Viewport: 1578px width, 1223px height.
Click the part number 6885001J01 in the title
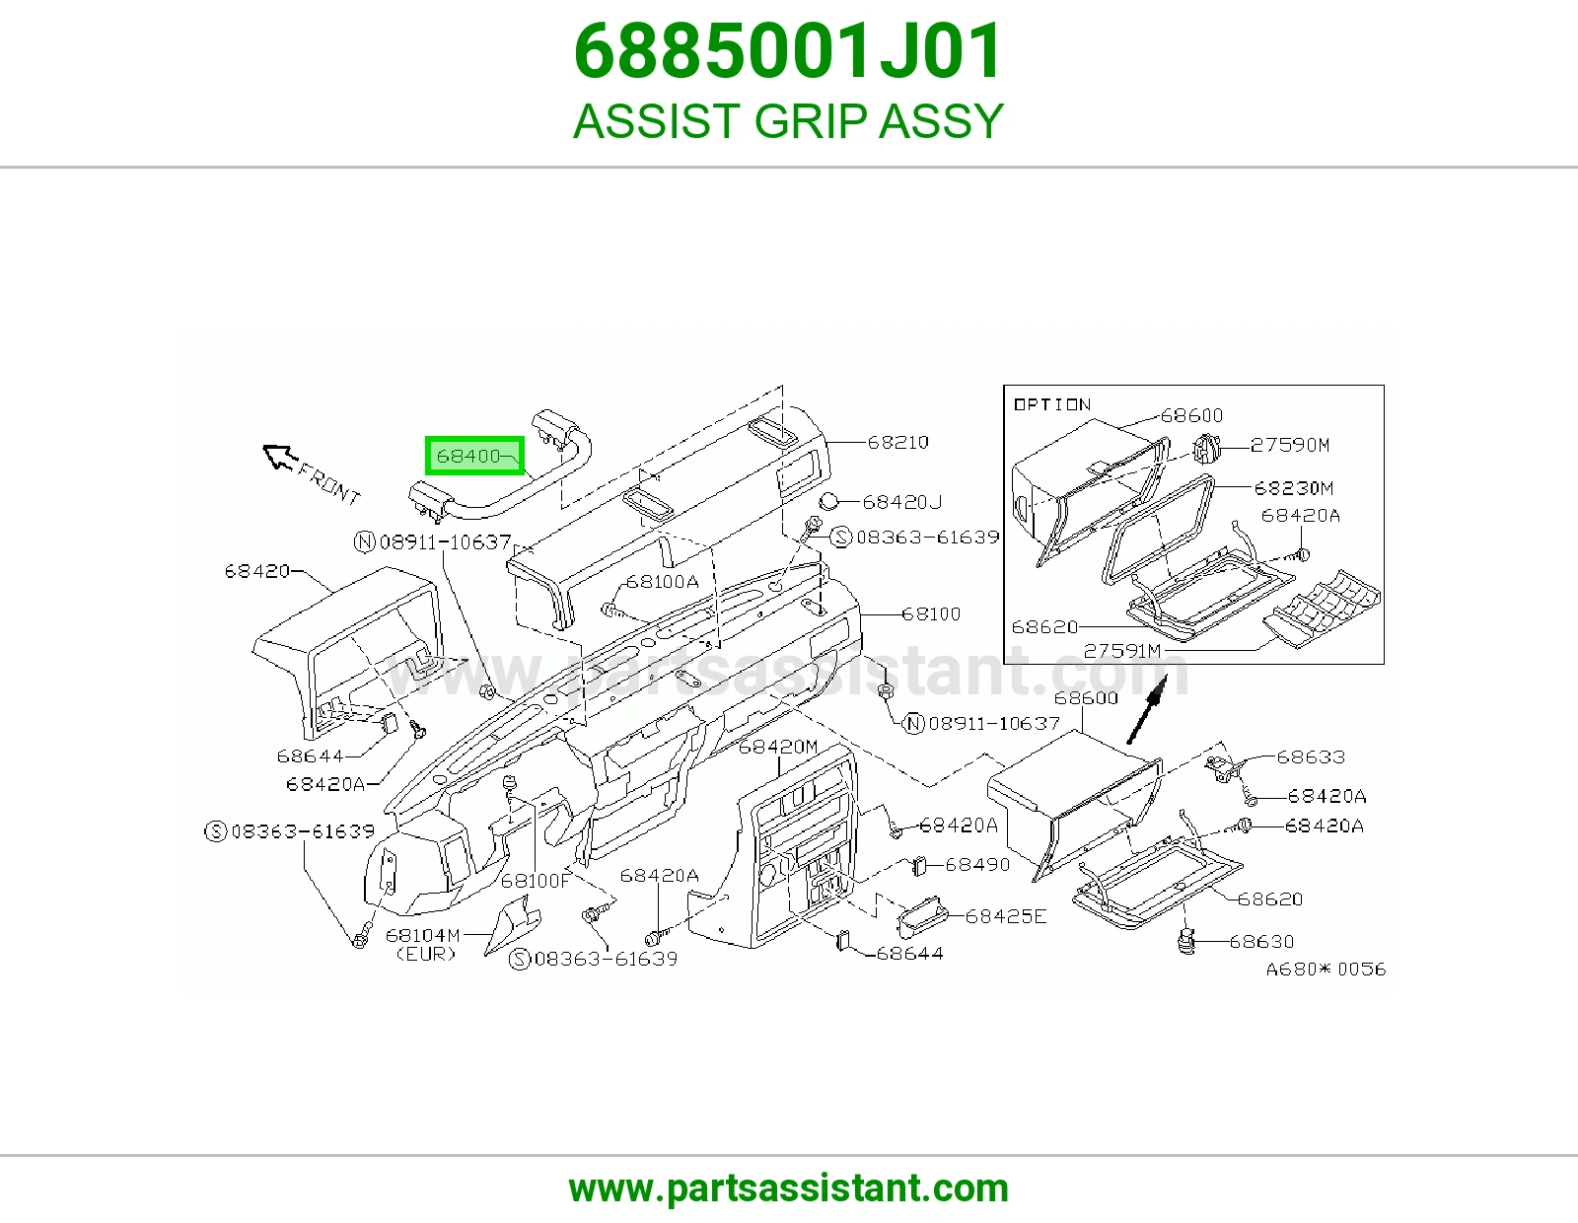(788, 51)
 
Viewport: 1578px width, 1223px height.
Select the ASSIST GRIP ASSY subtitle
(788, 120)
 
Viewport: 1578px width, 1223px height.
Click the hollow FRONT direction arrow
(280, 457)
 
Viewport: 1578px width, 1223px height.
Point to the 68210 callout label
(897, 442)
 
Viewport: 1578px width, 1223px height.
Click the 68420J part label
(902, 502)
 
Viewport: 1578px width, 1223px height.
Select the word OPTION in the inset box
(1051, 404)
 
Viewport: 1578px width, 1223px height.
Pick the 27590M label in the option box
(1290, 445)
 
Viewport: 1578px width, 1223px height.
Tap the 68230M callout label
(1293, 487)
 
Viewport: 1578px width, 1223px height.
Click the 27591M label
(1122, 651)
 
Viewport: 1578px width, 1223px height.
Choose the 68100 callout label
(931, 613)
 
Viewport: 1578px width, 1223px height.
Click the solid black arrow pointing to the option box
(1147, 709)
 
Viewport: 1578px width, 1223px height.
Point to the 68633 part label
(1311, 756)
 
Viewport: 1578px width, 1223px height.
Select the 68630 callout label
(1261, 941)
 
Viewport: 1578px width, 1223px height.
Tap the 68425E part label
(1006, 916)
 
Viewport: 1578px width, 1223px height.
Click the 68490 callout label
(977, 864)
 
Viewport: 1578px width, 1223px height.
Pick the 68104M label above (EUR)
(423, 935)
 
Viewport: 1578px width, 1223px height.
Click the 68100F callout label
(536, 881)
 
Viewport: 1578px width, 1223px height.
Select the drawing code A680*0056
(1327, 969)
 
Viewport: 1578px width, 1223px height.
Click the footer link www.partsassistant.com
(789, 1188)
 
